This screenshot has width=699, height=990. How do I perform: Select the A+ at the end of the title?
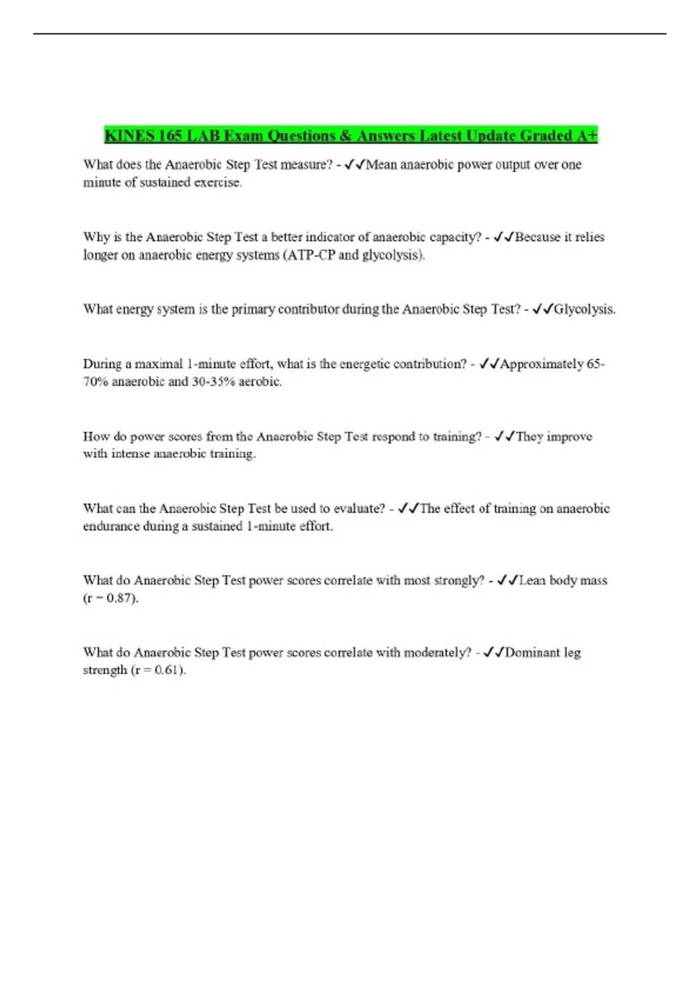point(587,136)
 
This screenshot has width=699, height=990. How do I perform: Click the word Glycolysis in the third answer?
point(584,309)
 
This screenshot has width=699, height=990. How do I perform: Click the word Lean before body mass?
point(532,581)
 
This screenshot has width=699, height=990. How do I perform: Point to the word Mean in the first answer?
point(381,165)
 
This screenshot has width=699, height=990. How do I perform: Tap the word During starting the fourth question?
point(103,364)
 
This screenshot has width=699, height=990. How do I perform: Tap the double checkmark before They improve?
point(504,436)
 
